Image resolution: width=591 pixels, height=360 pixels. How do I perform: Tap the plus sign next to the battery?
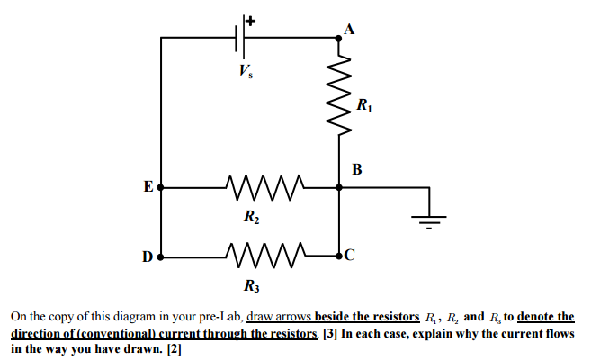click(251, 19)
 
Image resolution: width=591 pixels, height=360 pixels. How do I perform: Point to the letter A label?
click(350, 27)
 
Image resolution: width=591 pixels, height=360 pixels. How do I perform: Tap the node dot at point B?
click(339, 188)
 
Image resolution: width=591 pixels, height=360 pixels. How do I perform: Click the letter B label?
click(357, 168)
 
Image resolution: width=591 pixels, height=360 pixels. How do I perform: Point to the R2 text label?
click(253, 217)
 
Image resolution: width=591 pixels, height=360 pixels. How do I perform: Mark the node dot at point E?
click(160, 188)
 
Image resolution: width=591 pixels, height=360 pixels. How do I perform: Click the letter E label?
click(148, 187)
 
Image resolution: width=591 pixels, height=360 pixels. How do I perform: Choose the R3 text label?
click(253, 286)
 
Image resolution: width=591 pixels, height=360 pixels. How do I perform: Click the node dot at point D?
click(160, 256)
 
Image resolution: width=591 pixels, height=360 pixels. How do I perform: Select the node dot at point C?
click(339, 256)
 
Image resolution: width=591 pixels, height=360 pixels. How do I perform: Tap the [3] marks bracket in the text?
click(328, 334)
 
